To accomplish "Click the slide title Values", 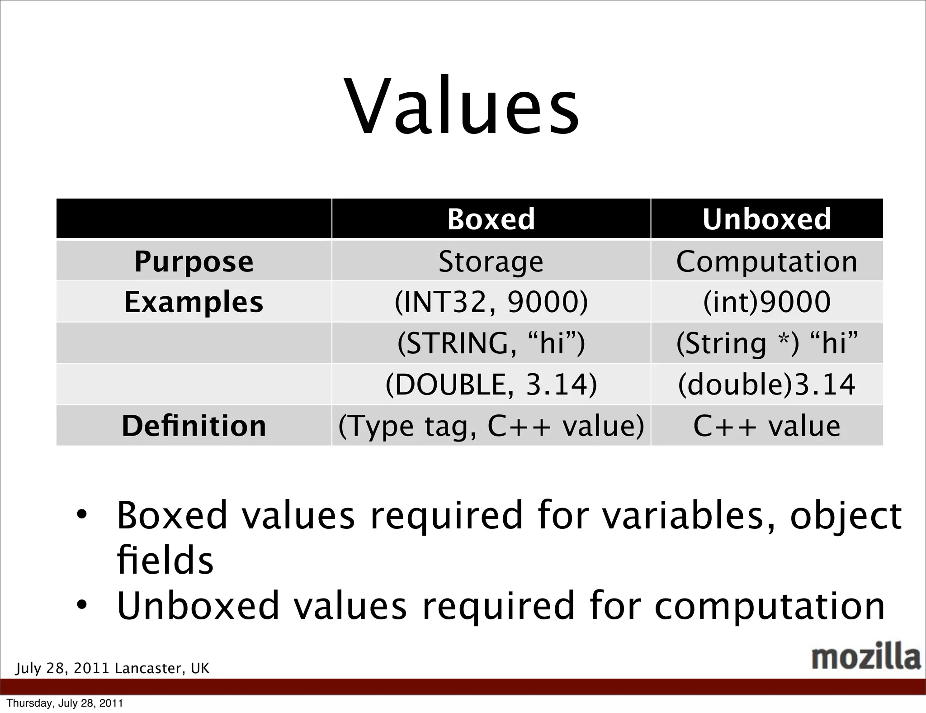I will tap(462, 107).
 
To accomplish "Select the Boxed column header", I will tap(491, 219).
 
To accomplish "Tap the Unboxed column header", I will tap(766, 219).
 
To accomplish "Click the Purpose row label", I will tap(194, 261).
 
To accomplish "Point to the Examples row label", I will tap(194, 302).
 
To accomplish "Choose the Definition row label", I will tap(194, 426).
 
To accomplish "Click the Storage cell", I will tap(491, 261).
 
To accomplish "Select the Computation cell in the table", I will tap(766, 261).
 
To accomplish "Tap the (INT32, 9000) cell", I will tap(491, 302).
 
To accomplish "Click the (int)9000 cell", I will tap(766, 302).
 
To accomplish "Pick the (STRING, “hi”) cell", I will tap(491, 343).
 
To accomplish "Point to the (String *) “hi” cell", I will tap(766, 343).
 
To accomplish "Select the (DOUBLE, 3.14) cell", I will tap(491, 384).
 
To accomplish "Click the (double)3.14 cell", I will tap(766, 384).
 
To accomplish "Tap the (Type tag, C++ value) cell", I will tap(491, 426).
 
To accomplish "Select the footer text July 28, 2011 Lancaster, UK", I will tap(112, 668).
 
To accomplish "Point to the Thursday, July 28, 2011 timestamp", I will tap(65, 703).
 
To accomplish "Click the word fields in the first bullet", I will tap(165, 560).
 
